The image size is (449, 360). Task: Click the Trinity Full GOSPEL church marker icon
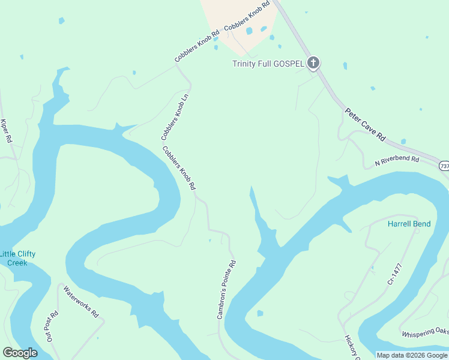pos(313,63)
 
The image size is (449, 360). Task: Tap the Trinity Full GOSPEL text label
pos(268,64)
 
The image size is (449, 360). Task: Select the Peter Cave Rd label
pos(365,124)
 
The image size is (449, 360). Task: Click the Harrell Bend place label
pos(409,224)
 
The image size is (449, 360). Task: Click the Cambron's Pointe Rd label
pos(226,289)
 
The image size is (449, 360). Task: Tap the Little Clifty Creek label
pos(17,258)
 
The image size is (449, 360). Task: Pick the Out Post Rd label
pos(51,326)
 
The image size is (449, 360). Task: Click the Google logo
pos(20,353)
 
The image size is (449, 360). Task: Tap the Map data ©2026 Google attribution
pos(412,355)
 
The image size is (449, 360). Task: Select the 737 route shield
pos(444,166)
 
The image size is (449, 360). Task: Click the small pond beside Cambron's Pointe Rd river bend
pos(260,313)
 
